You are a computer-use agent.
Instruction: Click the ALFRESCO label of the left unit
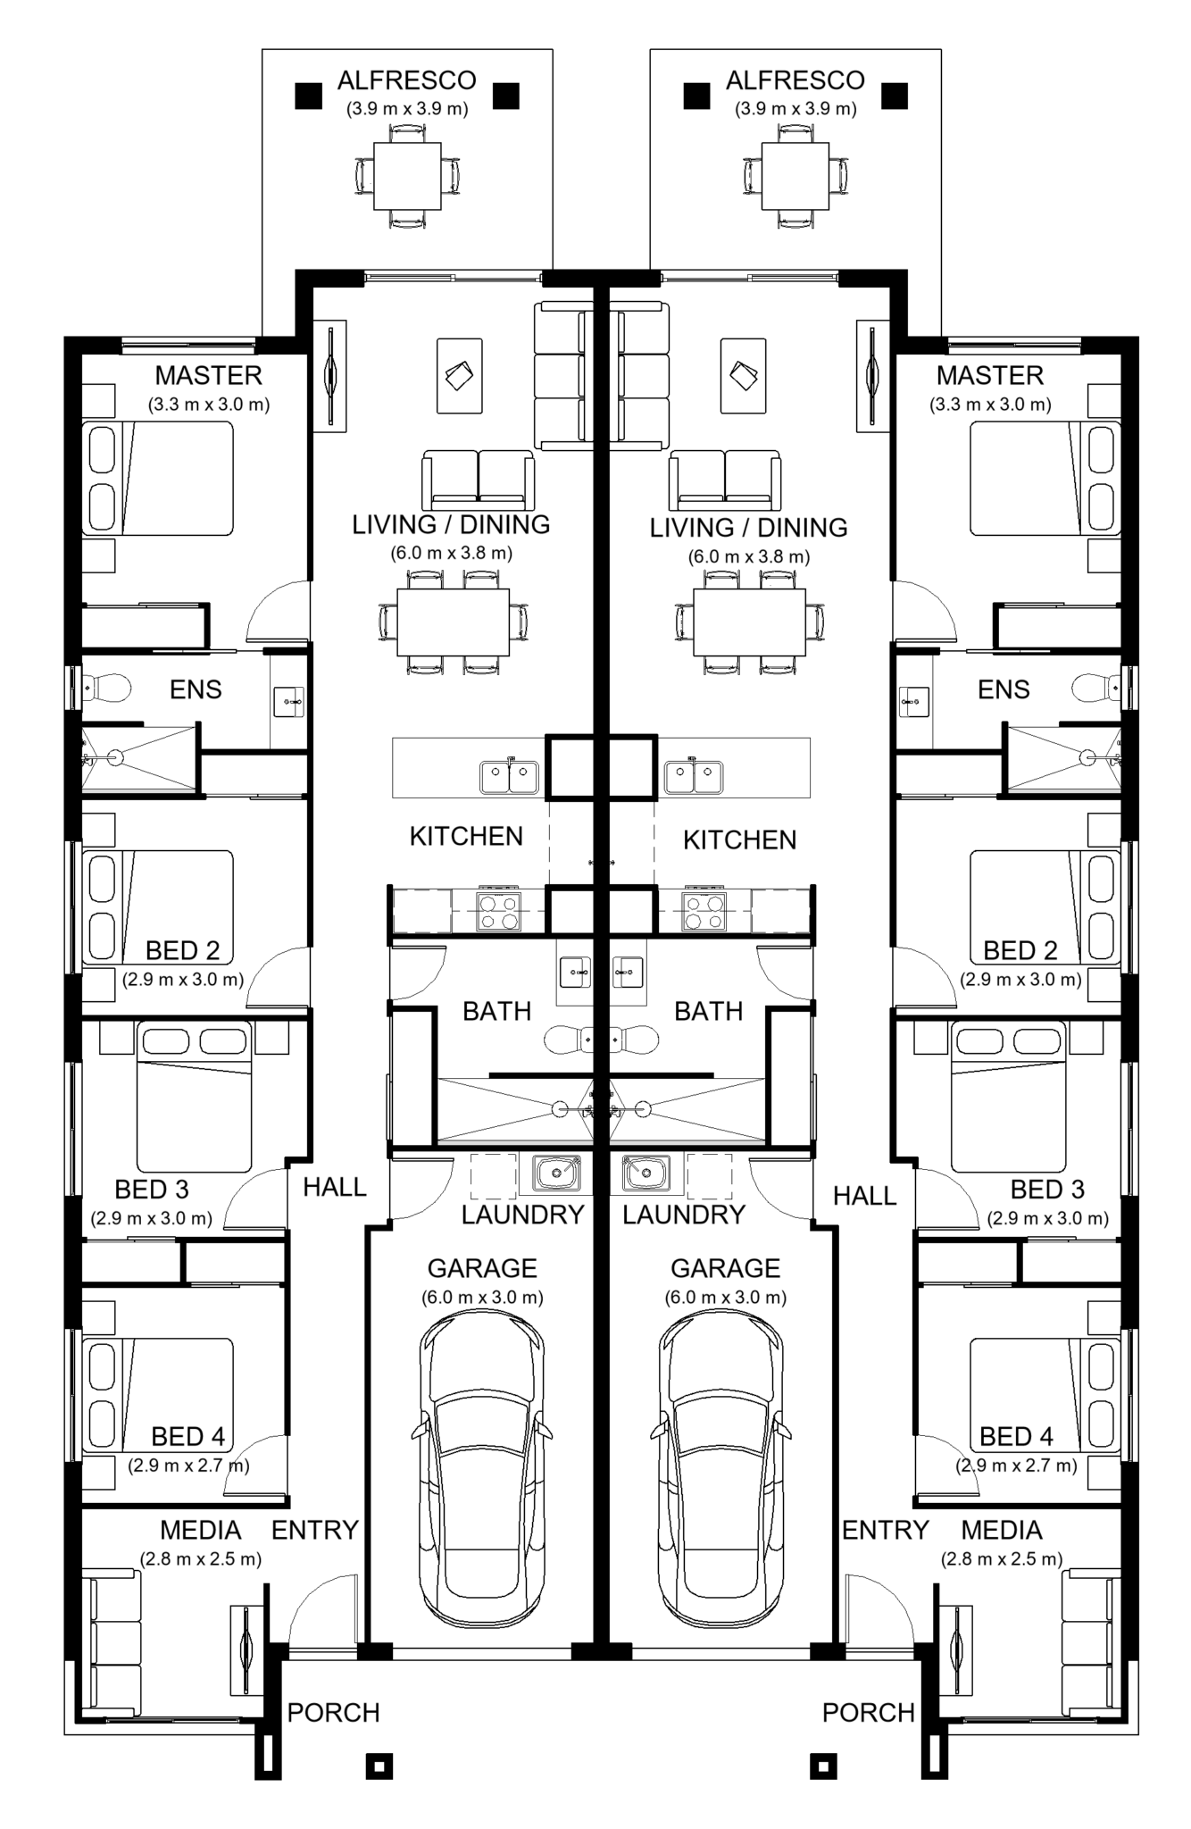(x=406, y=80)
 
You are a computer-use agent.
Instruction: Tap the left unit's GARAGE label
(x=482, y=1268)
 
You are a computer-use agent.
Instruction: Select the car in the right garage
(x=721, y=1455)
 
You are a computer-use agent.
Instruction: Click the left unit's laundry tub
(x=557, y=1173)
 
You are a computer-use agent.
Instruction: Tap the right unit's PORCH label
(x=869, y=1713)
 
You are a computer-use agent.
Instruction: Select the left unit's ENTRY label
(x=314, y=1530)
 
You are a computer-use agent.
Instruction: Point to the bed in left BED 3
(x=194, y=1098)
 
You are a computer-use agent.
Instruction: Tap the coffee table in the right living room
(x=743, y=376)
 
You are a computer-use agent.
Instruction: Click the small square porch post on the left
(x=379, y=1766)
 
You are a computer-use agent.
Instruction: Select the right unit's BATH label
(x=709, y=1011)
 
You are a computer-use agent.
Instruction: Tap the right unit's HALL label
(x=864, y=1195)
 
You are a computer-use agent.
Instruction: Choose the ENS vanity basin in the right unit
(x=915, y=702)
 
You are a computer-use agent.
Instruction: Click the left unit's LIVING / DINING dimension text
(x=451, y=553)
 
